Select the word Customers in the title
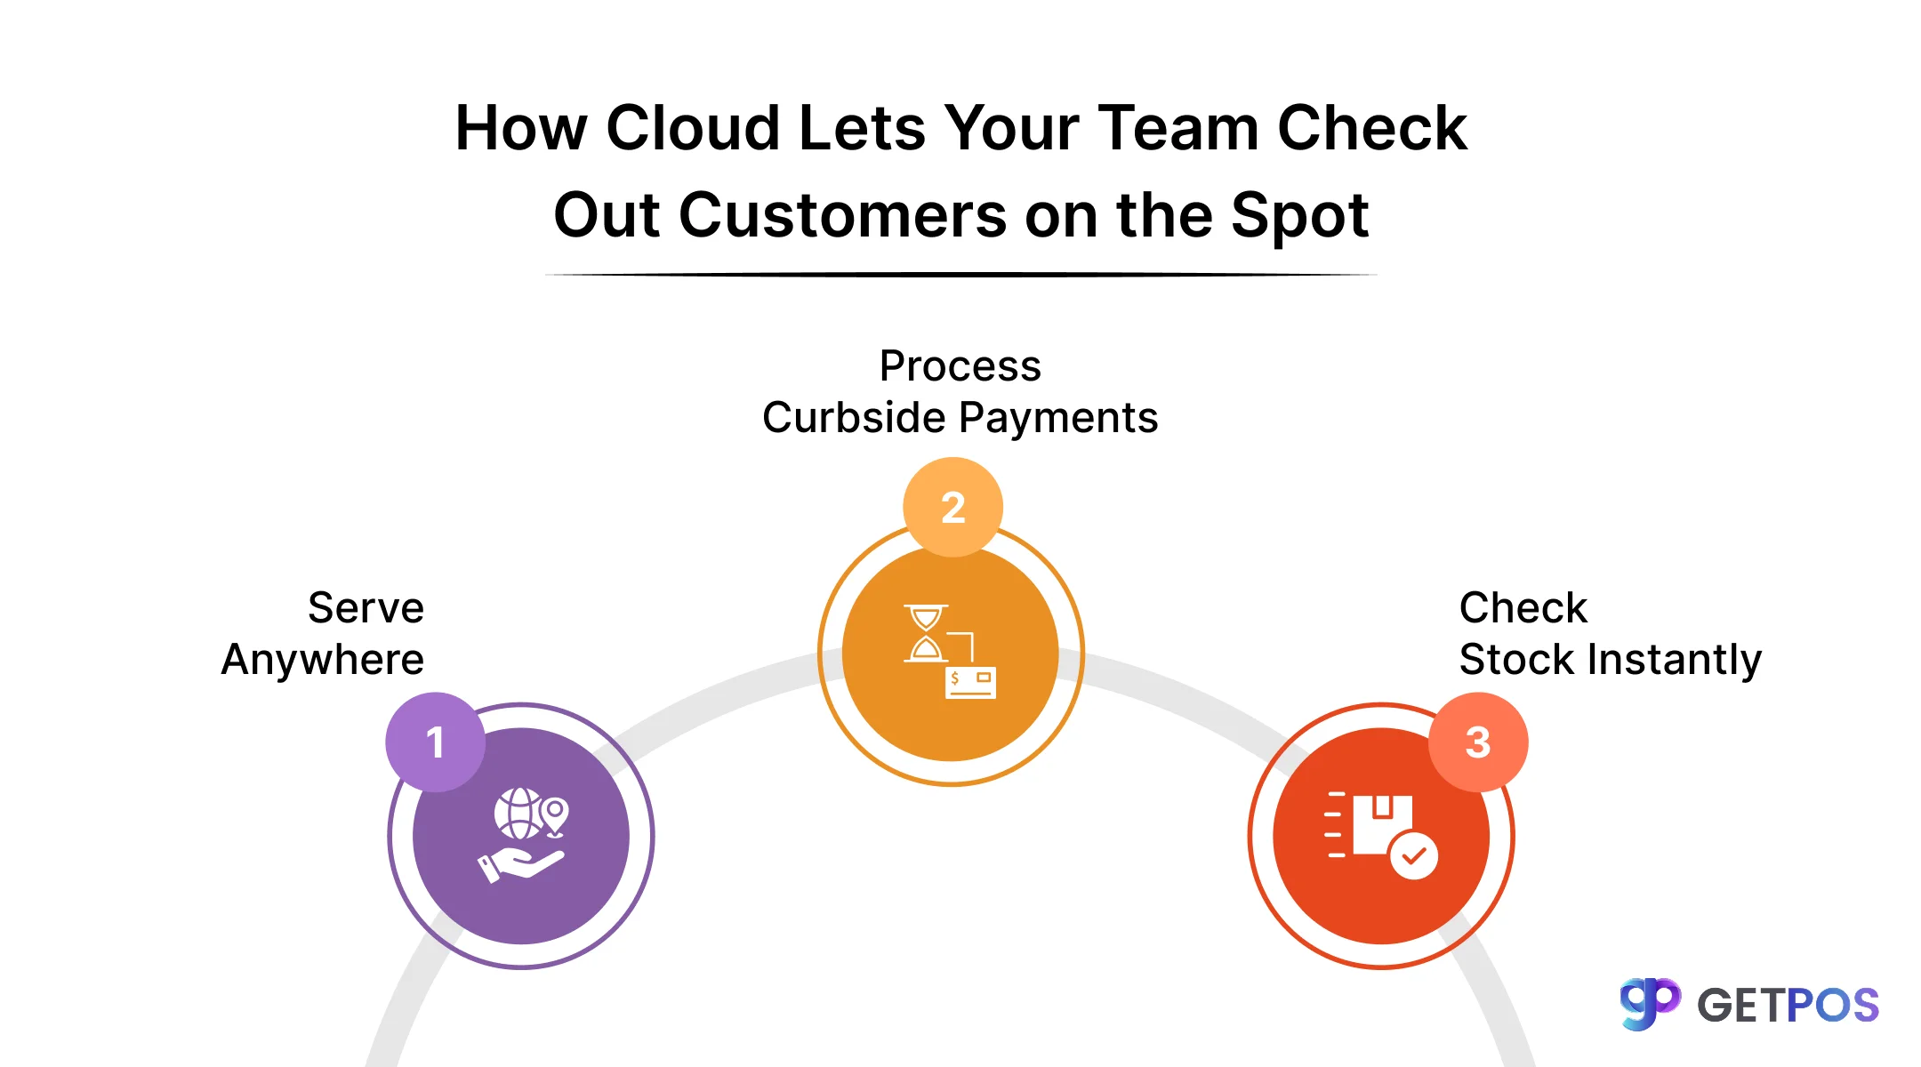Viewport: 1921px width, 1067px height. [x=842, y=216]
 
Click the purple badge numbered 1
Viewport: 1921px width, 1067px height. [x=435, y=742]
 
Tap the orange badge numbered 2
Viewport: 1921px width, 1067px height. [x=952, y=507]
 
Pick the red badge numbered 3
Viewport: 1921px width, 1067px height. [x=1477, y=742]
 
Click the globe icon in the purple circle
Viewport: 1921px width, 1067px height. [x=518, y=813]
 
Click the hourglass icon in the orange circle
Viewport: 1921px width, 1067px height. [x=926, y=633]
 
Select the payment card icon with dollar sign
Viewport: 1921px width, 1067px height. [x=970, y=682]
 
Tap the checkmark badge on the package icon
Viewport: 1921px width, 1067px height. [x=1413, y=855]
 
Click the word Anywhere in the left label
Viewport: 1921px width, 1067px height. [x=323, y=660]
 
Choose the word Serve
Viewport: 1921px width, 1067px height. [x=366, y=608]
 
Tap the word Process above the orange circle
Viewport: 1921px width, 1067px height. [x=960, y=366]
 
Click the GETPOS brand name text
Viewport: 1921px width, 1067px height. [x=1788, y=1006]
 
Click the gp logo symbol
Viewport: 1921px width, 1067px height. [x=1650, y=1003]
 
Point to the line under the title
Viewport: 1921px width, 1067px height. [x=960, y=275]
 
